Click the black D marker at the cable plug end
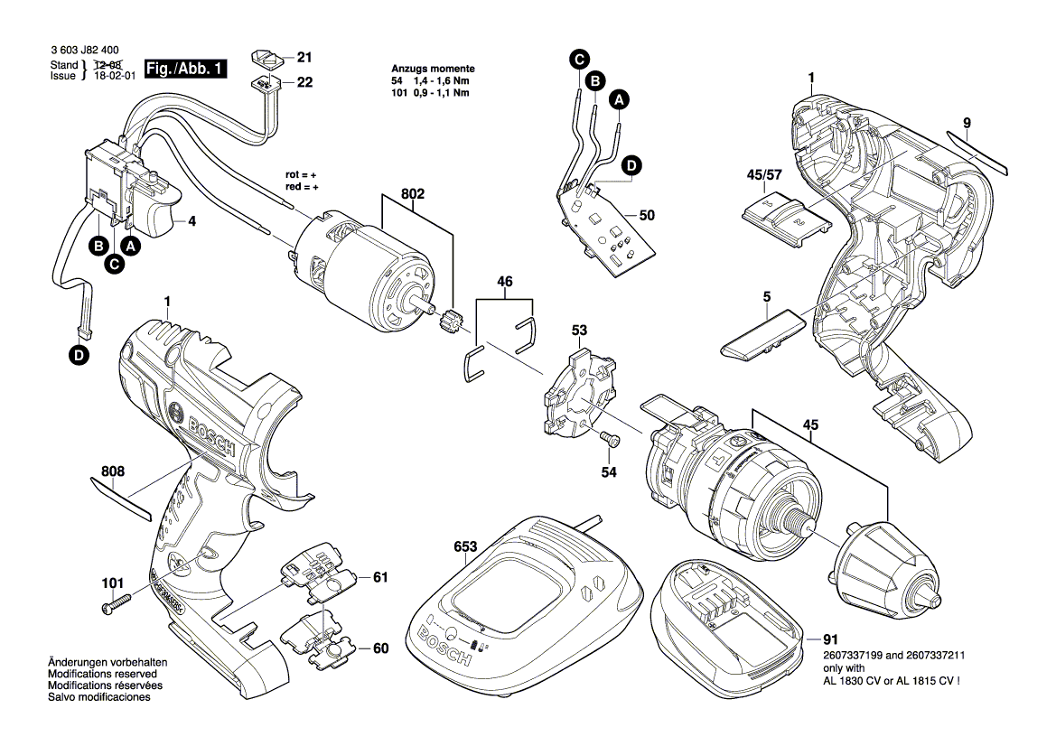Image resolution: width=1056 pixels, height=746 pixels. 80,356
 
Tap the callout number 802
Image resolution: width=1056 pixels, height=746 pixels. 412,193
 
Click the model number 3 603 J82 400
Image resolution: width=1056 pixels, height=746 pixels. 85,52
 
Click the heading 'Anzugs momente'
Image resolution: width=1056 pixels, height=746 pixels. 433,70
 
